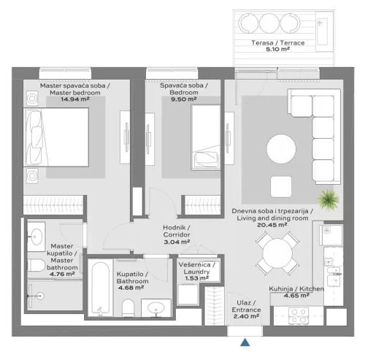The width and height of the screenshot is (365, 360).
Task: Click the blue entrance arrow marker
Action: [x=246, y=341]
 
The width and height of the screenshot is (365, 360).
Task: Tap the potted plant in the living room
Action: [x=328, y=199]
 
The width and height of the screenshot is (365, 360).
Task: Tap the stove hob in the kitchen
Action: [x=299, y=315]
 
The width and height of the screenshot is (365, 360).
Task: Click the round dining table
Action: [x=280, y=253]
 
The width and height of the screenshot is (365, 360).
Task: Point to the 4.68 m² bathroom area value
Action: [x=131, y=287]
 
